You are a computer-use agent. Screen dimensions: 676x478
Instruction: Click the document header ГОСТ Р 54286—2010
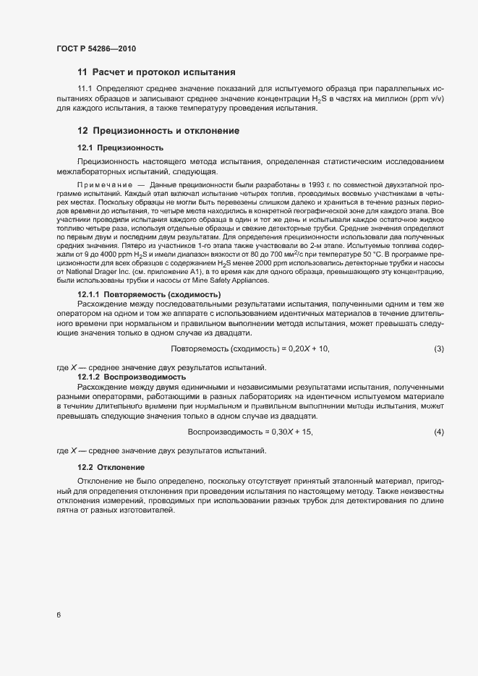coord(95,48)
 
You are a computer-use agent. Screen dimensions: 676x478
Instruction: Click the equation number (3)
coord(438,349)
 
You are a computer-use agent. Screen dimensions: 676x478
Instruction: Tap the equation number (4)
coord(438,432)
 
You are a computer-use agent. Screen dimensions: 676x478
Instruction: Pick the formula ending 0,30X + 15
coord(249,432)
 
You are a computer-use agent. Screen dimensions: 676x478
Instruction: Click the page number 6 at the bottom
coord(58,615)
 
